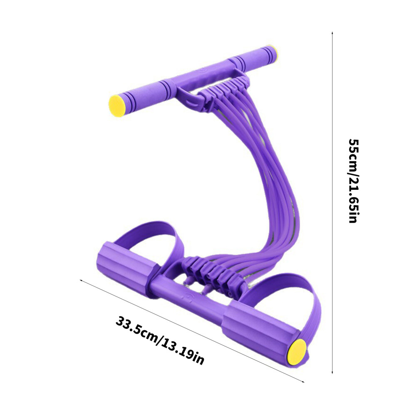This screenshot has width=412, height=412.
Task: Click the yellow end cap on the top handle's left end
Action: (117, 106)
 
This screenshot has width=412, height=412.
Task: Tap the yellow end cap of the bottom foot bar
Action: (297, 351)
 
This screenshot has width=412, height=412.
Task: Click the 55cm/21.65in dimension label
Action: (353, 181)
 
